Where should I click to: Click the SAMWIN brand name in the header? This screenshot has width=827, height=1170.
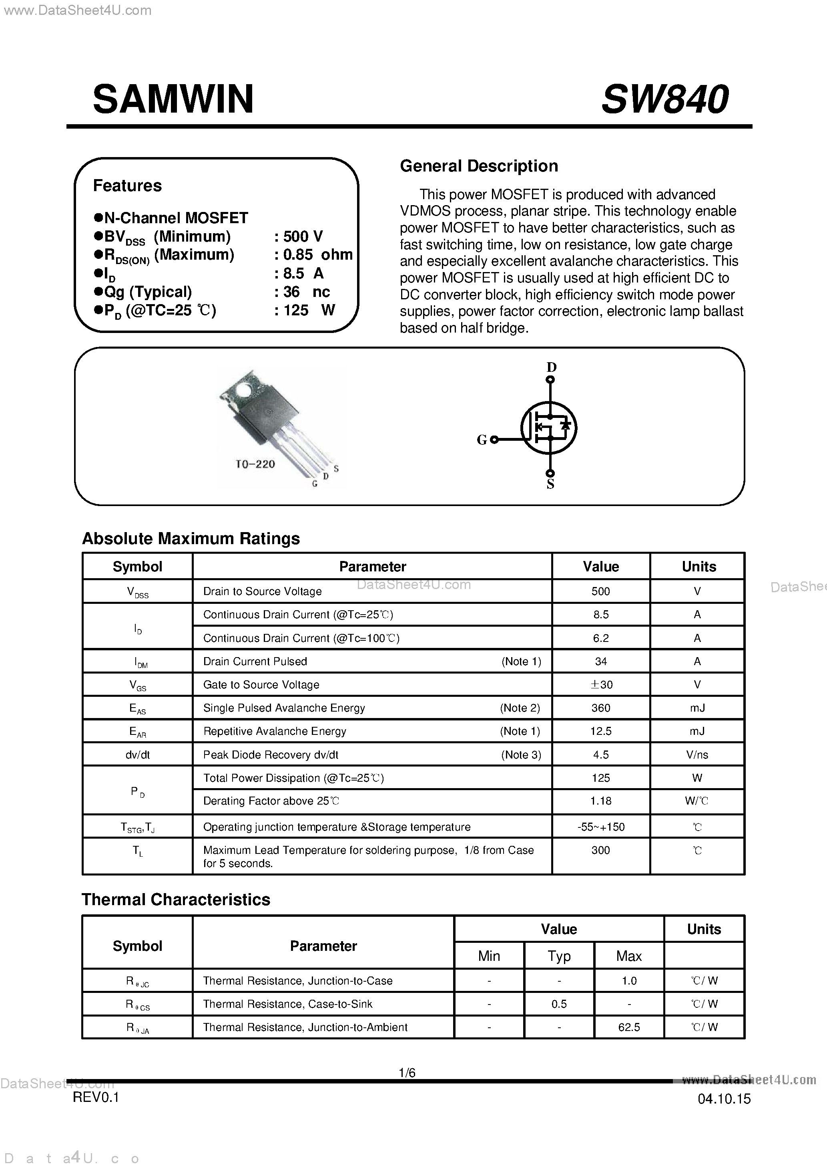click(x=173, y=99)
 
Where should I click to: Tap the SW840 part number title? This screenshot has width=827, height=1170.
click(x=664, y=99)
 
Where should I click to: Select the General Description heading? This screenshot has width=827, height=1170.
click(x=479, y=166)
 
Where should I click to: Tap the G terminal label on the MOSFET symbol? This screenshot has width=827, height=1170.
click(x=481, y=440)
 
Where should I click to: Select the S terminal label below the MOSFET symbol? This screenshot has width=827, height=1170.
click(x=550, y=484)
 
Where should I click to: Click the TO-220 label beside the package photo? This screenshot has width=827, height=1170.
click(x=255, y=464)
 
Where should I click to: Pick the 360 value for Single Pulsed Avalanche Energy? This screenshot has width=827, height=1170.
click(x=600, y=708)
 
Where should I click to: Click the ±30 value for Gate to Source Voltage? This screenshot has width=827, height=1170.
click(x=601, y=684)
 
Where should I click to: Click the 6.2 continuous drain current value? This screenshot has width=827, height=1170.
click(x=600, y=638)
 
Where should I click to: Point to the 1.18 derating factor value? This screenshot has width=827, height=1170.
click(x=600, y=801)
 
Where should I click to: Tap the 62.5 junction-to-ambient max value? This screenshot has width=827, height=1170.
click(x=628, y=1027)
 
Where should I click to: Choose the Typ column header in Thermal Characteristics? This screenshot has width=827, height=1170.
click(x=559, y=956)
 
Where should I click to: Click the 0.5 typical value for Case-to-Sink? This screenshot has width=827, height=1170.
click(x=559, y=1004)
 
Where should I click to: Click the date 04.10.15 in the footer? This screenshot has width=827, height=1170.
click(x=724, y=1099)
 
